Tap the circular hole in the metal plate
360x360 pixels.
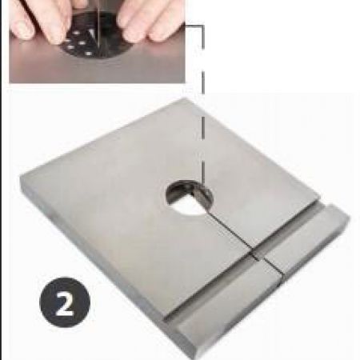pyautogui.click(x=190, y=198)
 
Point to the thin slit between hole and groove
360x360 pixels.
pyautogui.click(x=231, y=233)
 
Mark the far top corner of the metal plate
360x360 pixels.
pyautogui.click(x=185, y=98)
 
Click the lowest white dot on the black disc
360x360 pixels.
pyautogui.click(x=88, y=54)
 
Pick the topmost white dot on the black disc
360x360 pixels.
pyautogui.click(x=77, y=33)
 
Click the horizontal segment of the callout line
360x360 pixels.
pyautogui.click(x=194, y=26)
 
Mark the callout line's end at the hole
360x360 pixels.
pyautogui.click(x=203, y=186)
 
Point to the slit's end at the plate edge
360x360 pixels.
pyautogui.click(x=282, y=274)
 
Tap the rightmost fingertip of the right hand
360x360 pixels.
pyautogui.click(x=163, y=31)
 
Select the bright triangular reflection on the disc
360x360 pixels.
pyautogui.click(x=91, y=34)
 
